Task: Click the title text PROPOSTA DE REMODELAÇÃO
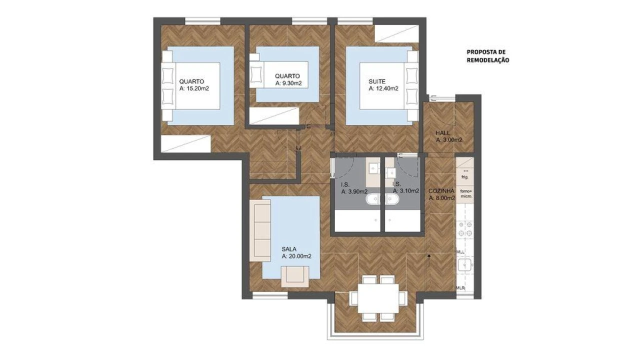point(487,55)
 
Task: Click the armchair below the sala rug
point(295,277)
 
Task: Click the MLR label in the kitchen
point(461,288)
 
